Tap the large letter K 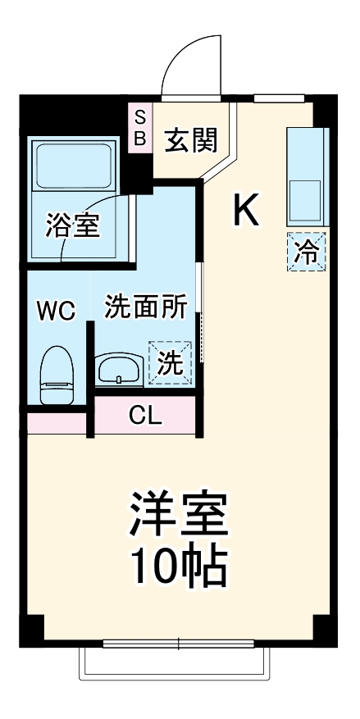pos(246,209)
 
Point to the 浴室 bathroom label pos(72,225)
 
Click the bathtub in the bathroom pos(74,166)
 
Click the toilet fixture pos(57,375)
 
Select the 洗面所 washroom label pos(146,307)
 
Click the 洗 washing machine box pos(170,363)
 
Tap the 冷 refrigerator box pos(307,252)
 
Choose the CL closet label pos(145,416)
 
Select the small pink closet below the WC pos(57,424)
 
